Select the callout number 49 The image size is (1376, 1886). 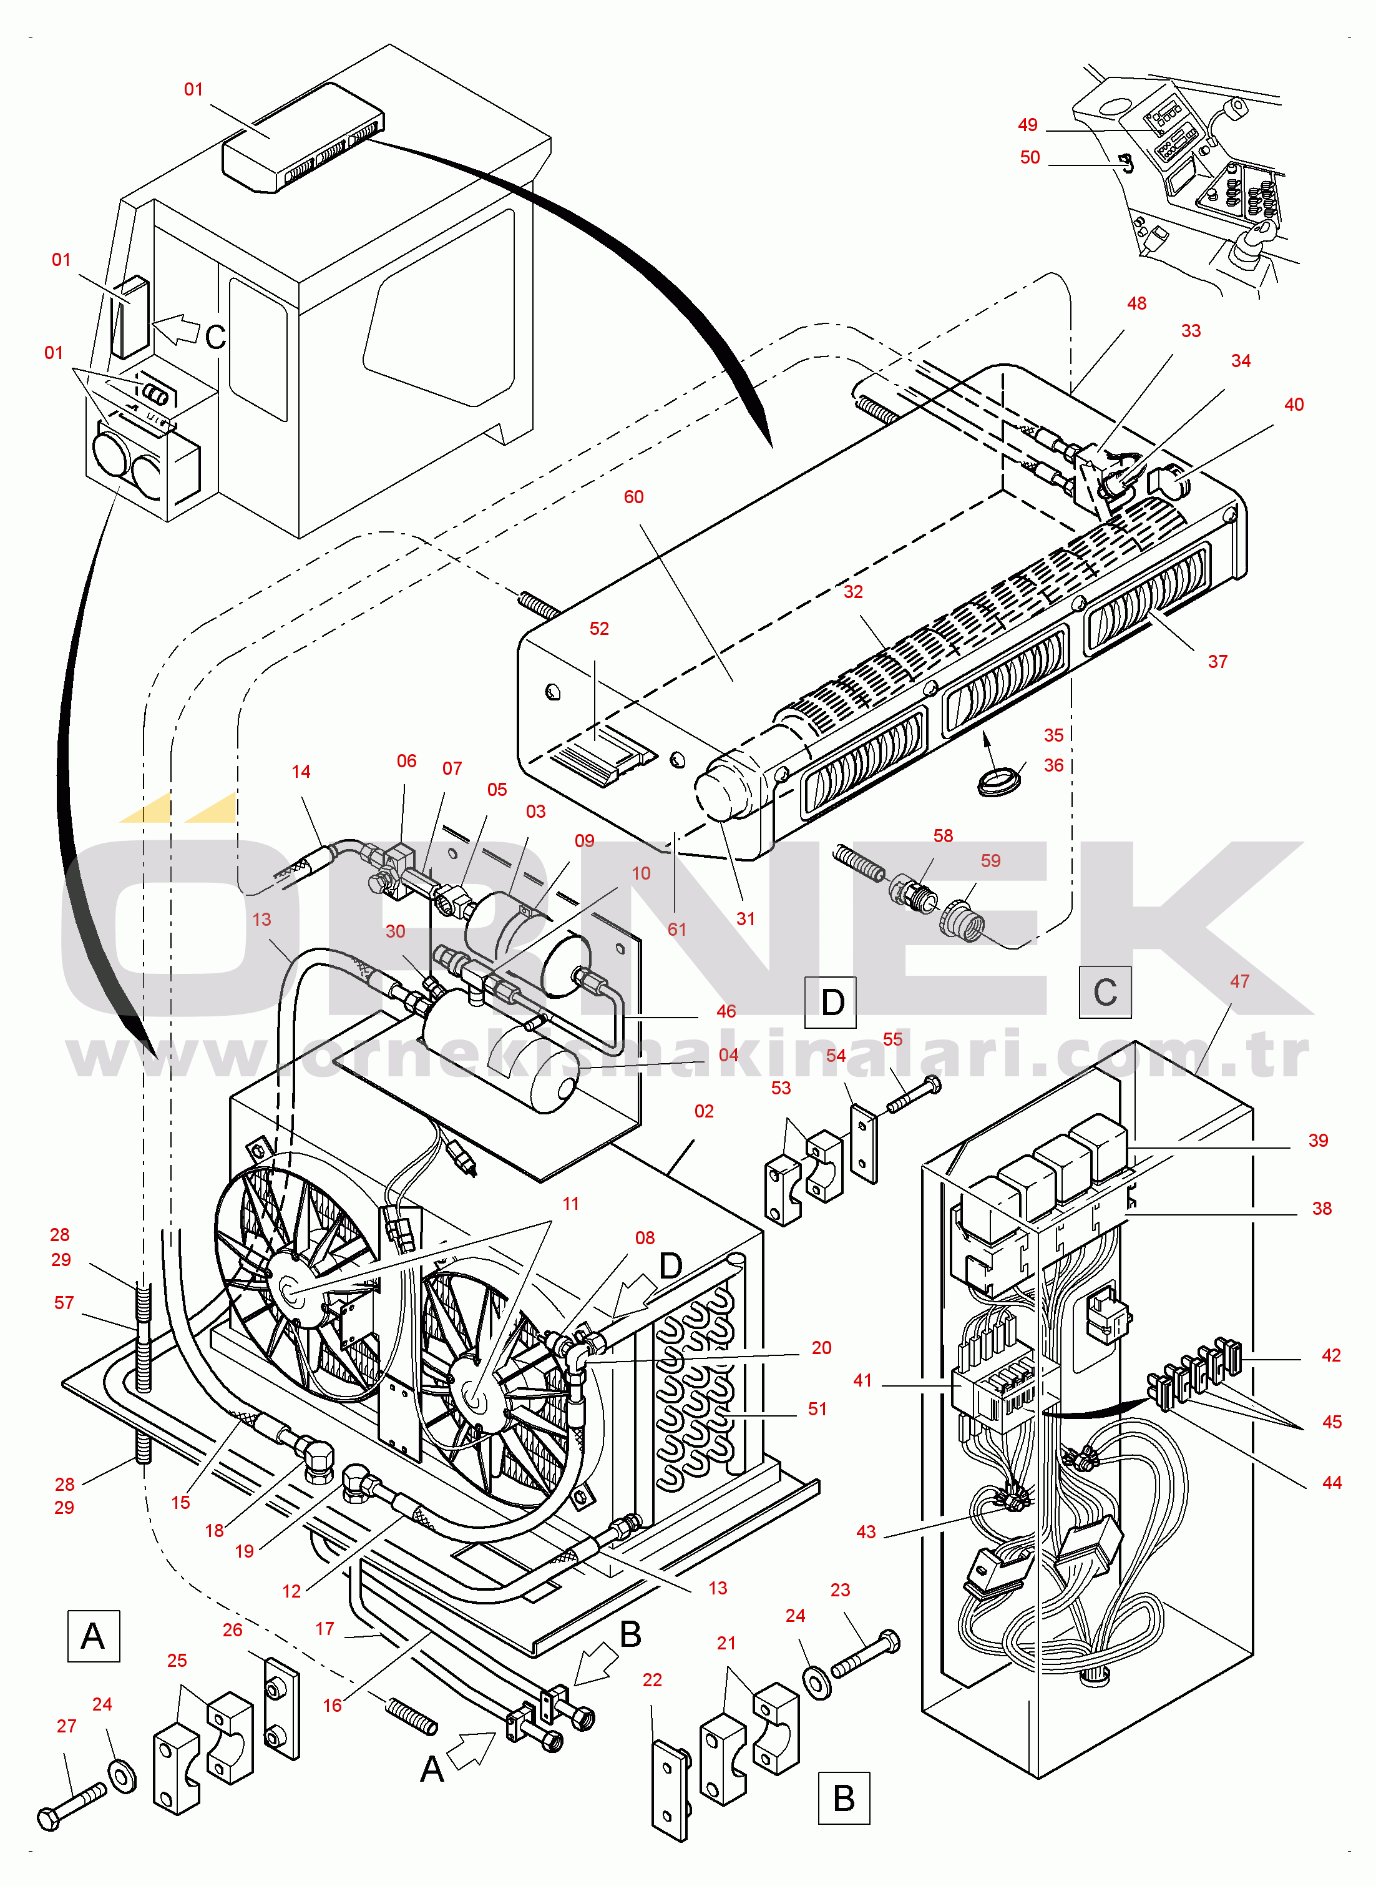tap(1027, 125)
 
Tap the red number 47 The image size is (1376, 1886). tap(1239, 981)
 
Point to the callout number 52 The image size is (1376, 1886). tap(599, 629)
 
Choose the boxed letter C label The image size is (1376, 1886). tap(1105, 992)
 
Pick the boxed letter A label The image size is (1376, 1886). tap(93, 1636)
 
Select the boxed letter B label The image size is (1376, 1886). tap(844, 1798)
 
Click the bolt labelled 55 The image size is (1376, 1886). tap(913, 1094)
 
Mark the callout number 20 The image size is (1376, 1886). tap(821, 1347)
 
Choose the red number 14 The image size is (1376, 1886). tap(301, 772)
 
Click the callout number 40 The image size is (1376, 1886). tap(1293, 405)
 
